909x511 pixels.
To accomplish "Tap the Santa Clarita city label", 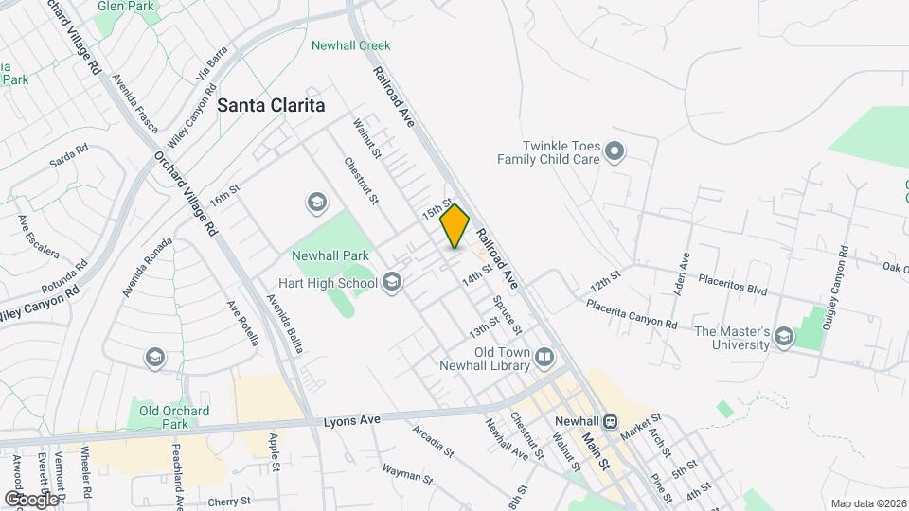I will [x=271, y=106].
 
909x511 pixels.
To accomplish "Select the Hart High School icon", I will [x=392, y=282].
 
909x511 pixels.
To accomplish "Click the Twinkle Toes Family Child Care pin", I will [x=615, y=150].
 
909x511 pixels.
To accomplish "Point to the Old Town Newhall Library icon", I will [x=544, y=358].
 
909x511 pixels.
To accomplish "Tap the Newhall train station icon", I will [x=612, y=423].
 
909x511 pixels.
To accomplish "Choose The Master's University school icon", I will [x=783, y=337].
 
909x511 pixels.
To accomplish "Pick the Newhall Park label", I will [x=329, y=255].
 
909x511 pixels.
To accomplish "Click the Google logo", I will [x=31, y=499].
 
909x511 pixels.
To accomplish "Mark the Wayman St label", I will [x=408, y=469].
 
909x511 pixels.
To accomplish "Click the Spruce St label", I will [x=506, y=315].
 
